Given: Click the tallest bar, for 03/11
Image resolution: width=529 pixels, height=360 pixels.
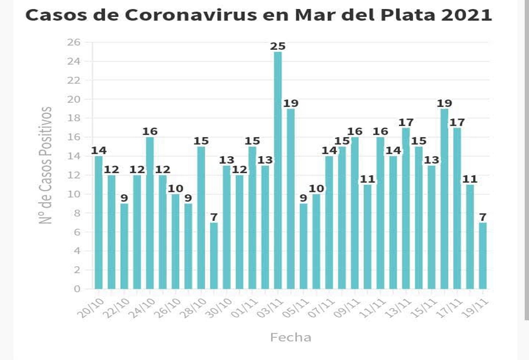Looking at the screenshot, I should coord(278,169).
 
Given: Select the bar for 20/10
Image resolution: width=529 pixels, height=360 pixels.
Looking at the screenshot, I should coord(98,222).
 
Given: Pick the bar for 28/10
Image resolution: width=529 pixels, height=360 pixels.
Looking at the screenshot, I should coord(201,217).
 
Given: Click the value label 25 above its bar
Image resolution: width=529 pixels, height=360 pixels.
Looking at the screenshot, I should coord(278,46).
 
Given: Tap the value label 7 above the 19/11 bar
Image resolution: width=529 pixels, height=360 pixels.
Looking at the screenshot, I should coord(482,217).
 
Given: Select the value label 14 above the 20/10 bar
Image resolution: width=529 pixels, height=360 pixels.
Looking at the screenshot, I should coord(98,150).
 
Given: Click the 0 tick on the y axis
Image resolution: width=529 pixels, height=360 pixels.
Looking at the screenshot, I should coord(77,289).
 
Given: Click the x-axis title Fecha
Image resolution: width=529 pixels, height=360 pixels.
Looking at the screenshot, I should coord(290,337).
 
